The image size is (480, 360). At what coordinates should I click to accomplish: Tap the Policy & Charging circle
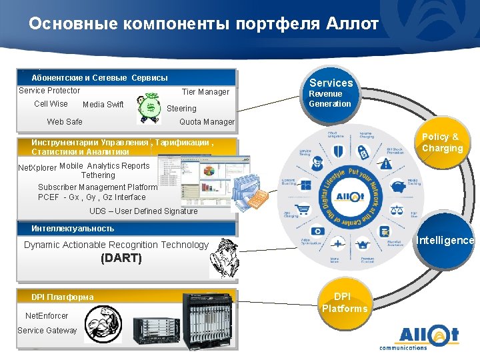pos(441,143)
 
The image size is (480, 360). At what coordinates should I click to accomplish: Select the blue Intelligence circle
pos(445,240)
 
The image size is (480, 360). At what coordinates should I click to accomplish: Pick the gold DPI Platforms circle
pos(343,303)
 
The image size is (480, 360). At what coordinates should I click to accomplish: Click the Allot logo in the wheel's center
pos(349,197)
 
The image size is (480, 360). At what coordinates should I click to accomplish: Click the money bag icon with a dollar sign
pos(149,109)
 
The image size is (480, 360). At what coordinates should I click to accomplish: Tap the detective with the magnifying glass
pos(223,261)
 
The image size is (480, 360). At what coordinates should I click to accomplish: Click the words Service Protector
pos(49,91)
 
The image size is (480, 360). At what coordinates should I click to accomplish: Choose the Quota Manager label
pos(207,122)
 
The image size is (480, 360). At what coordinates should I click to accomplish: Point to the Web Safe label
pos(65,122)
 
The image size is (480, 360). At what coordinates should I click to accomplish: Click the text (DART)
pos(121,258)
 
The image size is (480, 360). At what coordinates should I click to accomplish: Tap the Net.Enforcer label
pos(47,315)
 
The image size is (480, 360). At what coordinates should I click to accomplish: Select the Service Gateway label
pos(47,331)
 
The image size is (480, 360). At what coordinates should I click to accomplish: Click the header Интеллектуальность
pos(73,229)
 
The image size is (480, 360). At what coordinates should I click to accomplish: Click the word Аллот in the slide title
pos(353,24)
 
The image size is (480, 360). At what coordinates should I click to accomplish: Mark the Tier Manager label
pos(205,92)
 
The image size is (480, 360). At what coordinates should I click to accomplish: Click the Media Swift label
pos(103,105)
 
